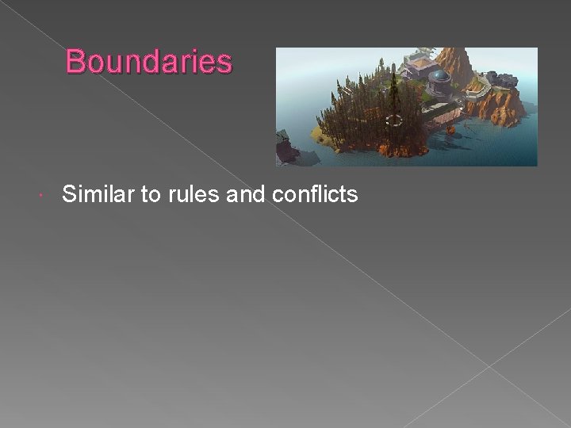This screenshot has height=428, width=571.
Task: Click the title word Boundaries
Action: tap(149, 61)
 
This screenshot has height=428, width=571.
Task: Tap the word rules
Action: tap(194, 193)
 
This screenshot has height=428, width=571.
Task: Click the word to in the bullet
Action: tap(151, 194)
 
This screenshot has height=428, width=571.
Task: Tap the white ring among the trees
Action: tap(393, 120)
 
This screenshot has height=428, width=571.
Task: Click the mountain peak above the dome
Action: tap(457, 55)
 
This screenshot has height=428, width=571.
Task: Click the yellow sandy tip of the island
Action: tap(319, 132)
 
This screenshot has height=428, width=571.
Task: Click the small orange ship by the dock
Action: tap(450, 126)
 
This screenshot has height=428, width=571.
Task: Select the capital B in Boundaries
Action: tap(76, 61)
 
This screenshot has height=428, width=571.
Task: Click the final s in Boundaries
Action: tap(224, 63)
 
